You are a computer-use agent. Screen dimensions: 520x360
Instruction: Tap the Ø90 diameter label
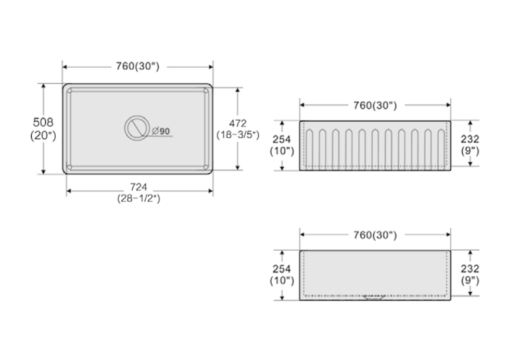161,131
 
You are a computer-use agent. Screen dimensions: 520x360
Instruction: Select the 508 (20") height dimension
43,128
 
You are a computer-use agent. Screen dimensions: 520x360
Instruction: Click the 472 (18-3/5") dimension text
238,129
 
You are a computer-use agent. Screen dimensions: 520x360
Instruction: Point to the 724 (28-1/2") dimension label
138,192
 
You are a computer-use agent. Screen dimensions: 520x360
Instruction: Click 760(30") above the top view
137,66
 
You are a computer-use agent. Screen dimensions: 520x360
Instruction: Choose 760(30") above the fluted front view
375,106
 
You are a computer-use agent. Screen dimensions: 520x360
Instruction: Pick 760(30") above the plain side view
375,235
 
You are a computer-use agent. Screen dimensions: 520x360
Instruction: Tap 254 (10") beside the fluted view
282,145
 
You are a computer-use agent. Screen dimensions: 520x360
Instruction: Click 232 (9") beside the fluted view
470,145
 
